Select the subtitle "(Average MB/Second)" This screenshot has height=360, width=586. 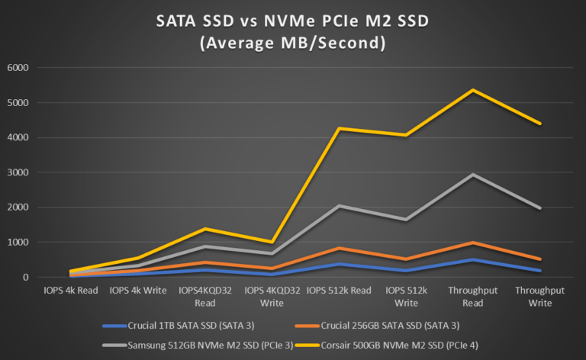(x=292, y=44)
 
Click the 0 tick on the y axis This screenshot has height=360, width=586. (x=25, y=278)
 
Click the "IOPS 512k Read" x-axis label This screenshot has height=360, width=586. (x=339, y=291)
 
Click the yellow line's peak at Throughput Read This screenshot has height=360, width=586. (x=473, y=90)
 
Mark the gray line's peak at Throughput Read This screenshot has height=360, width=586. (x=473, y=175)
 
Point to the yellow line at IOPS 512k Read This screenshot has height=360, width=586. (x=340, y=128)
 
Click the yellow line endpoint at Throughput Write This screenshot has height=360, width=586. (x=540, y=124)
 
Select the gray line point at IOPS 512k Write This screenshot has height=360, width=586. (x=406, y=220)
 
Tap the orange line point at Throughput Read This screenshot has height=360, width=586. (x=473, y=243)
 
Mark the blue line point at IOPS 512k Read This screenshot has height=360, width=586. (x=340, y=264)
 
